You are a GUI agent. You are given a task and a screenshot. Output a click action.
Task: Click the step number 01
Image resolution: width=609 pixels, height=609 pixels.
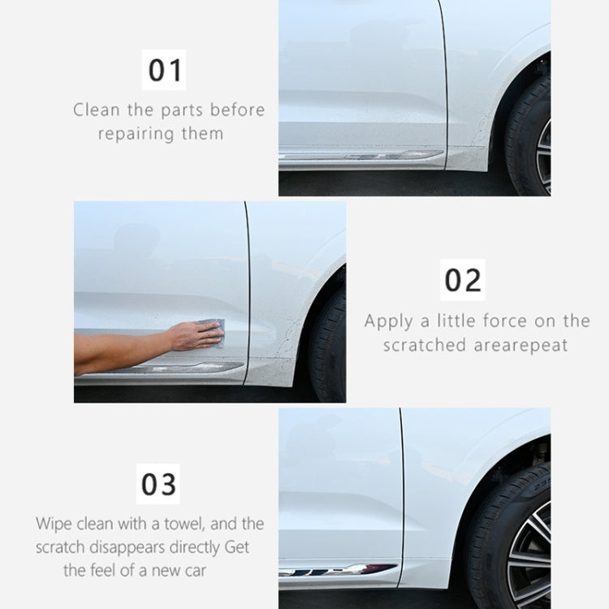point(165,71)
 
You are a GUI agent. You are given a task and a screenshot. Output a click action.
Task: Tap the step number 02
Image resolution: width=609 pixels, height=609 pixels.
point(463,280)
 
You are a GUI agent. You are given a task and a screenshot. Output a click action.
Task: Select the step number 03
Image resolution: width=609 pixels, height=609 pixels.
point(159,485)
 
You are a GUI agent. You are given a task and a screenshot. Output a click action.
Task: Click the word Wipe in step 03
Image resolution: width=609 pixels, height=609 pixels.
point(53,524)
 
